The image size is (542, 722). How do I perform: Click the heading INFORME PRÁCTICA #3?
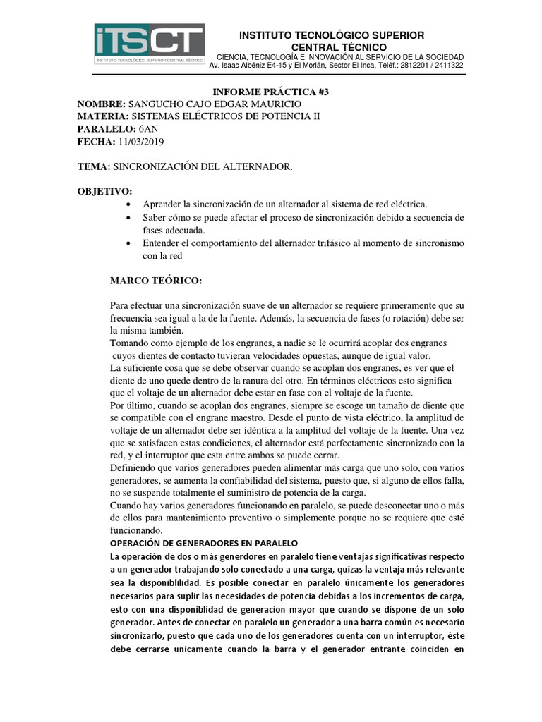pyautogui.click(x=272, y=92)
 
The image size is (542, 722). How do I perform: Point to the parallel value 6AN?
pyautogui.click(x=149, y=130)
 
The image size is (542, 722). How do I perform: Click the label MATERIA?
pyautogui.click(x=102, y=117)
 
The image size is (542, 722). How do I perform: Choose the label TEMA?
pyautogui.click(x=93, y=166)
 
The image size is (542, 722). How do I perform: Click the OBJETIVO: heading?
pyautogui.click(x=104, y=191)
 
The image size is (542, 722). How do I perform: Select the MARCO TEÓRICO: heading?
pyautogui.click(x=156, y=281)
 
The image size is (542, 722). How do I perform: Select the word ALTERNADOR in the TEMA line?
pyautogui.click(x=254, y=166)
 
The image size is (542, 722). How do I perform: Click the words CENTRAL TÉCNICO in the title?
pyautogui.click(x=331, y=47)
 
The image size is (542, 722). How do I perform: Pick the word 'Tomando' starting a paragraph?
pyautogui.click(x=131, y=342)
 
